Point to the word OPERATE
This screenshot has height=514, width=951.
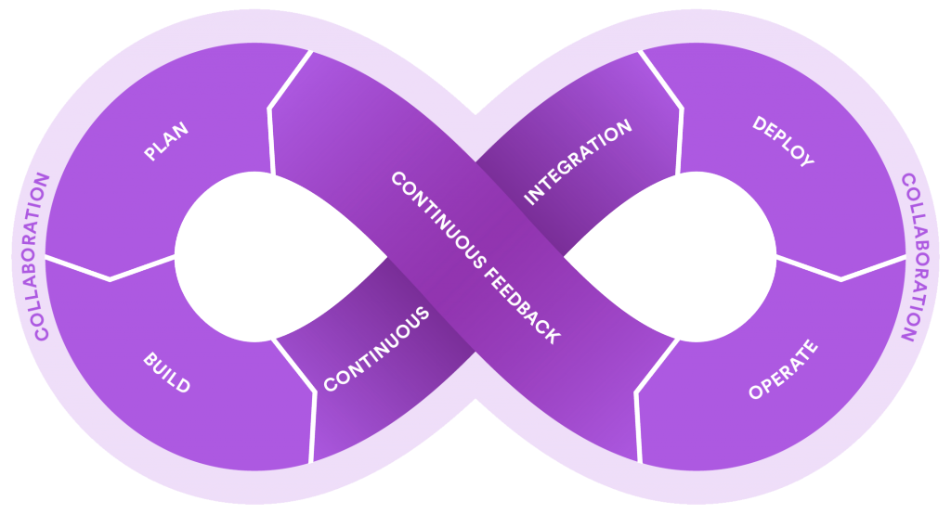point(783,370)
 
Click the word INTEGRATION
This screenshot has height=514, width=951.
point(578,161)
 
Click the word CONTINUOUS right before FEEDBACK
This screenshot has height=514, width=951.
point(438,219)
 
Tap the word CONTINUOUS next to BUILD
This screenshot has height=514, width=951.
point(377,349)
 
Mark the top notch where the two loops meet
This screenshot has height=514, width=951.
point(475,114)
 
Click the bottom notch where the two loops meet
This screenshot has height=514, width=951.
point(475,399)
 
